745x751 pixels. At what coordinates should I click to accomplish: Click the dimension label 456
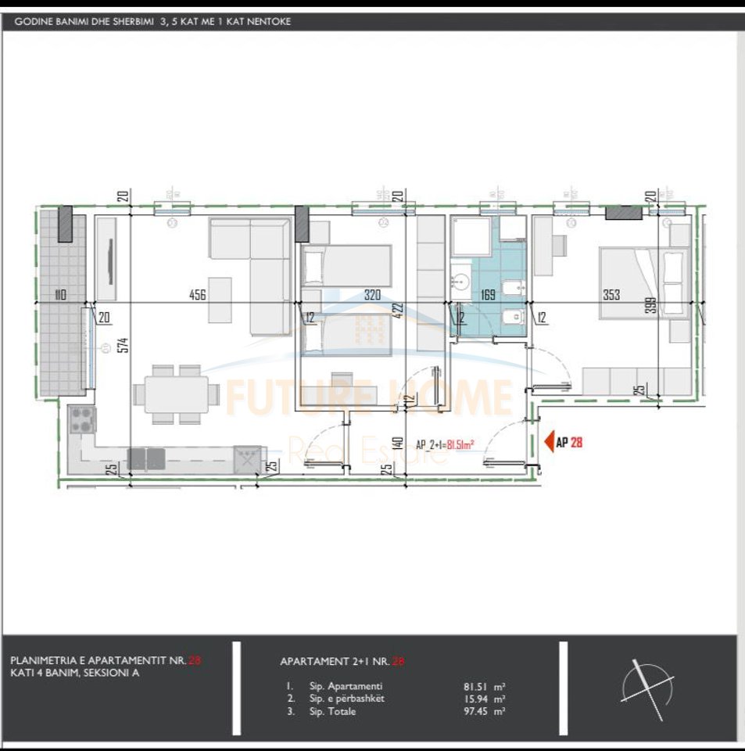197,295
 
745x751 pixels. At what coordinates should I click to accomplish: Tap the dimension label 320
372,295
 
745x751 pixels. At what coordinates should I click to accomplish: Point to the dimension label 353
611,295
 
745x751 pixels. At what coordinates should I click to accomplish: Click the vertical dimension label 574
123,345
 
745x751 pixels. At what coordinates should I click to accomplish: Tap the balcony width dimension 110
59,295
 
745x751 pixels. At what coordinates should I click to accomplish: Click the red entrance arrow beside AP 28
547,442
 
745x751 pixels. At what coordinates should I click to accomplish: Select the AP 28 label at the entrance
569,442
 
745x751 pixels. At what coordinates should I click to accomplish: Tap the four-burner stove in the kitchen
82,421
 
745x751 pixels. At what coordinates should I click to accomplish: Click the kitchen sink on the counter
248,458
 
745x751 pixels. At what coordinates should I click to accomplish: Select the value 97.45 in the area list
478,712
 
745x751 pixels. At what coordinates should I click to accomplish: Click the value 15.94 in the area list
478,699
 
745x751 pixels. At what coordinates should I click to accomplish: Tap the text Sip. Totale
332,712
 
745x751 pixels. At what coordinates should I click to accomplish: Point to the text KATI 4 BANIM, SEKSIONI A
75,673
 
